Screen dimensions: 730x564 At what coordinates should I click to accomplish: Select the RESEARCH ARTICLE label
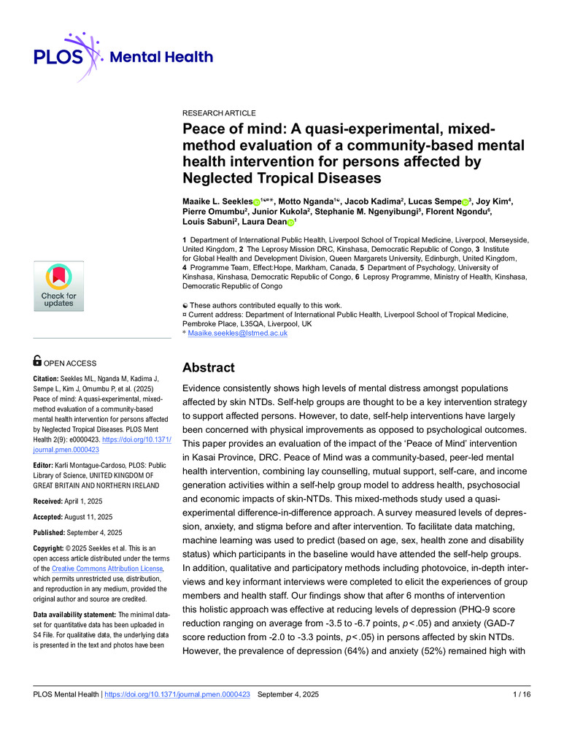pyautogui.click(x=219, y=113)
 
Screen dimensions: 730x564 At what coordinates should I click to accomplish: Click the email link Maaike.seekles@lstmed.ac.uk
pyautogui.click(x=238, y=333)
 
